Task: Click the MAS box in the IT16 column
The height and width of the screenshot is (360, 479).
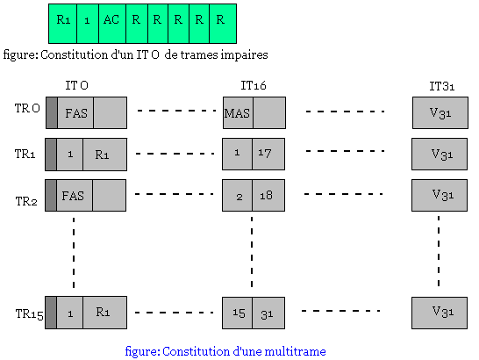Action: pyautogui.click(x=238, y=113)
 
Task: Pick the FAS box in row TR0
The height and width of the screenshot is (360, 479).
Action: pyautogui.click(x=75, y=113)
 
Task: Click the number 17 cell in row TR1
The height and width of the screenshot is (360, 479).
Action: pyautogui.click(x=268, y=154)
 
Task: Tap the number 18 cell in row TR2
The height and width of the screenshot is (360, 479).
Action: pyautogui.click(x=268, y=196)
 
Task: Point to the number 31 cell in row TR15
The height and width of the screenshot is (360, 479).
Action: pyautogui.click(x=268, y=313)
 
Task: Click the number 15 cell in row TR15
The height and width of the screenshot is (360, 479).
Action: pyautogui.click(x=238, y=313)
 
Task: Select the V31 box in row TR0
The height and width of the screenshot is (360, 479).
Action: pyautogui.click(x=441, y=113)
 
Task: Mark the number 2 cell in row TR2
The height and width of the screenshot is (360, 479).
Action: pyautogui.click(x=238, y=196)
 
